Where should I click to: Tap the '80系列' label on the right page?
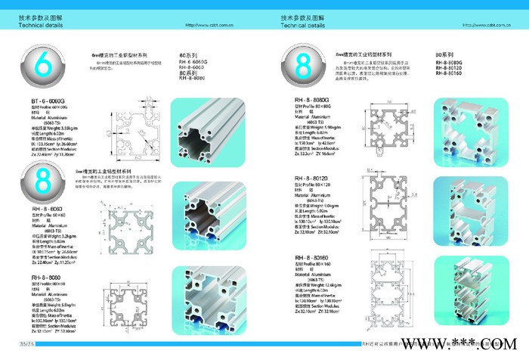tap(444, 56)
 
